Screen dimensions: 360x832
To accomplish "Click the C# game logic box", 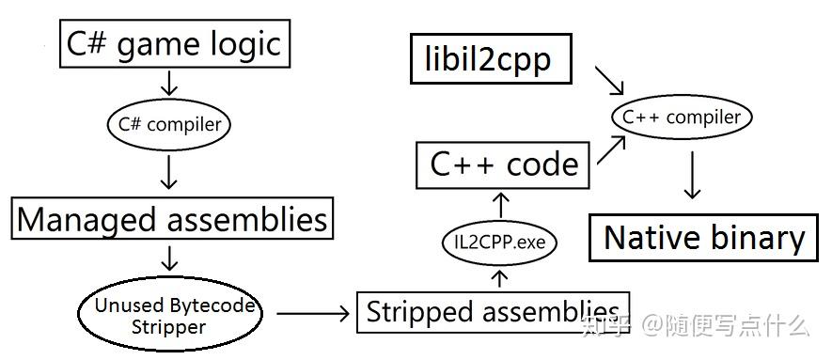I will (174, 44).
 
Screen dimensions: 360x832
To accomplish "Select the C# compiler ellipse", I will (169, 123).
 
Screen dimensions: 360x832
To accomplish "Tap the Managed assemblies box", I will (173, 219).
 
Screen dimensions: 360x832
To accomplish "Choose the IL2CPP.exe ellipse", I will (499, 243).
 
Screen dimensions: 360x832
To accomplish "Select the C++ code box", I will (503, 164).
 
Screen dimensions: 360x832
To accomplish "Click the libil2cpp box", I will (493, 60).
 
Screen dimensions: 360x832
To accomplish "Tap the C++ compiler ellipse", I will (683, 117).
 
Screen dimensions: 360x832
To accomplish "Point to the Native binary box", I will (704, 237).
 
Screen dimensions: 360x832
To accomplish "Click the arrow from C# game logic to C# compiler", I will (169, 84).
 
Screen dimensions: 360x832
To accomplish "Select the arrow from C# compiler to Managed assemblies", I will (169, 172).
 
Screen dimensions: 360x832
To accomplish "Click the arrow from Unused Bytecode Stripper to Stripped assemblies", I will (313, 313).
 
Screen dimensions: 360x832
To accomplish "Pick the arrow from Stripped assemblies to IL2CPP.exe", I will (500, 277).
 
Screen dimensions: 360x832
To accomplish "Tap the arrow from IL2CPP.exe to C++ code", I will (500, 205).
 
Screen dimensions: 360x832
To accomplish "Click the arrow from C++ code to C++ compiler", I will (612, 149).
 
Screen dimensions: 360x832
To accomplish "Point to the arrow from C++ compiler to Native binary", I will (692, 177).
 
